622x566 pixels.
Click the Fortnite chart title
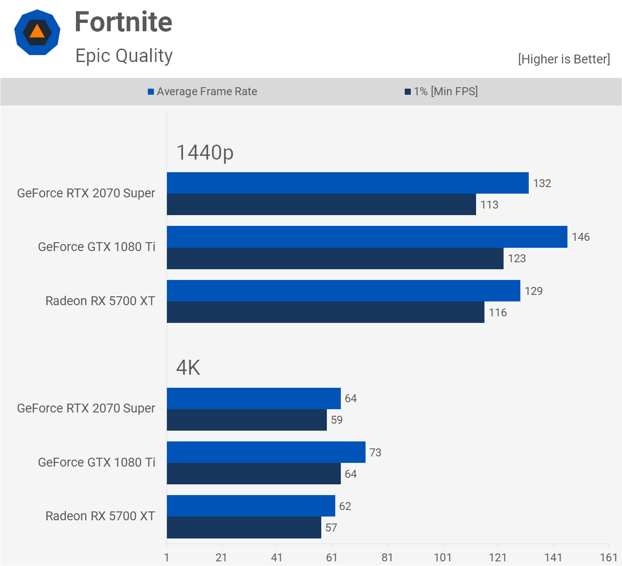click(124, 22)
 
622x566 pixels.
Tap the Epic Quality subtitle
click(124, 56)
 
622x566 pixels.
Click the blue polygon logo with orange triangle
click(37, 32)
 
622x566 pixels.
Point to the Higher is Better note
click(564, 59)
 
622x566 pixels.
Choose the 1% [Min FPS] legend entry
click(441, 91)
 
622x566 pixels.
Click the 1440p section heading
click(205, 153)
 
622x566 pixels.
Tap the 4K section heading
click(188, 368)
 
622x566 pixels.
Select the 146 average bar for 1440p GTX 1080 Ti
click(367, 237)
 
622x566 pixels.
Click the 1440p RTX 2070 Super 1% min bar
click(321, 204)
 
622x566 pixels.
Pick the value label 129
click(533, 291)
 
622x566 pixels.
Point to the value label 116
click(498, 313)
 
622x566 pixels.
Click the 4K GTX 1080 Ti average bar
click(266, 452)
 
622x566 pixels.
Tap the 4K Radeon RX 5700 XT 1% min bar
click(244, 527)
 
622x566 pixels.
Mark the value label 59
click(337, 420)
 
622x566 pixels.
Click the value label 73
click(375, 453)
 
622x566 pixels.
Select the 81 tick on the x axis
click(387, 558)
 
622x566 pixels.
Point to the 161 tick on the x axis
click(608, 558)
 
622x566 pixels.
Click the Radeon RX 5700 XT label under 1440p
click(100, 301)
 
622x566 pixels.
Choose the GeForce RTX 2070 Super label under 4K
click(86, 408)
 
